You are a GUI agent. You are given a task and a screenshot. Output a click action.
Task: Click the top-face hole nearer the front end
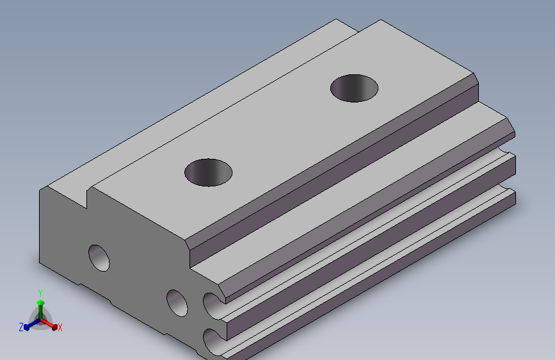(x=209, y=172)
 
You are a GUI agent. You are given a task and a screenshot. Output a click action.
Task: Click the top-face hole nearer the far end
(x=354, y=88)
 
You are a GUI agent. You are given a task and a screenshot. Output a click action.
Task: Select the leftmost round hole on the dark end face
(x=99, y=258)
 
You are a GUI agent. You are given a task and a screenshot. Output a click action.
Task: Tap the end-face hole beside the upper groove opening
(x=177, y=303)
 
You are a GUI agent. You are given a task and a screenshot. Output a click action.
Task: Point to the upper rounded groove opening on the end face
(x=213, y=306)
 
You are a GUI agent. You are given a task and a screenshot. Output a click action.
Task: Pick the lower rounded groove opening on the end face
(x=212, y=341)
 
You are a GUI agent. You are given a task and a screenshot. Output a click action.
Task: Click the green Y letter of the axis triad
(x=40, y=293)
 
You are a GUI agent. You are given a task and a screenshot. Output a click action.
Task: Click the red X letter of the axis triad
(x=60, y=328)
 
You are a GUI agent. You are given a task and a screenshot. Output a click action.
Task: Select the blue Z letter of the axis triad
(x=21, y=327)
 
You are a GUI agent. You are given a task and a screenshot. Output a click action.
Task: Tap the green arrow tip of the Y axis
(x=40, y=302)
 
